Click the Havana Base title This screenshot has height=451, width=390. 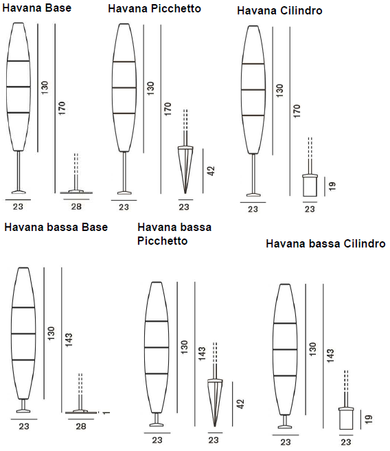pyautogui.click(x=37, y=8)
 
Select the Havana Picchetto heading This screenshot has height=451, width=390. pyautogui.click(x=154, y=9)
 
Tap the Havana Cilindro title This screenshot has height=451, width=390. pyautogui.click(x=279, y=11)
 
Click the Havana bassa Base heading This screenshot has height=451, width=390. pyautogui.click(x=56, y=228)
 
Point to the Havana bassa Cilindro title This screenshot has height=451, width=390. pyautogui.click(x=325, y=243)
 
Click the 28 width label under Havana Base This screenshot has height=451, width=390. pyautogui.click(x=76, y=206)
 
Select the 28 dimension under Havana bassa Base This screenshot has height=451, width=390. pyautogui.click(x=81, y=426)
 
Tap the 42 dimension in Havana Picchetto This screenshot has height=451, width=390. pyautogui.click(x=211, y=171)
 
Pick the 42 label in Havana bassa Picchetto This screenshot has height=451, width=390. pyautogui.click(x=240, y=404)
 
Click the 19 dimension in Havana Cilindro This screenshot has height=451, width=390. pyautogui.click(x=332, y=186)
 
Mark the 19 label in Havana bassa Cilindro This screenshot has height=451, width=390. pyautogui.click(x=369, y=419)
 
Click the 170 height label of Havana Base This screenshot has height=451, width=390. pyautogui.click(x=62, y=109)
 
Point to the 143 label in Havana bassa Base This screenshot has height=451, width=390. pyautogui.click(x=69, y=340)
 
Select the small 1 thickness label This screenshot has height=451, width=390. pyautogui.click(x=106, y=412)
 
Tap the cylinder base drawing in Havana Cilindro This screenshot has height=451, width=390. pyautogui.click(x=310, y=185)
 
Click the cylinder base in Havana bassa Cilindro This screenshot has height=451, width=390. pyautogui.click(x=346, y=418)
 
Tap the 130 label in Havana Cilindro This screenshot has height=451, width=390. pyautogui.click(x=279, y=91)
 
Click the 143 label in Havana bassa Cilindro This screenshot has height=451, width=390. pyautogui.click(x=330, y=355)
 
